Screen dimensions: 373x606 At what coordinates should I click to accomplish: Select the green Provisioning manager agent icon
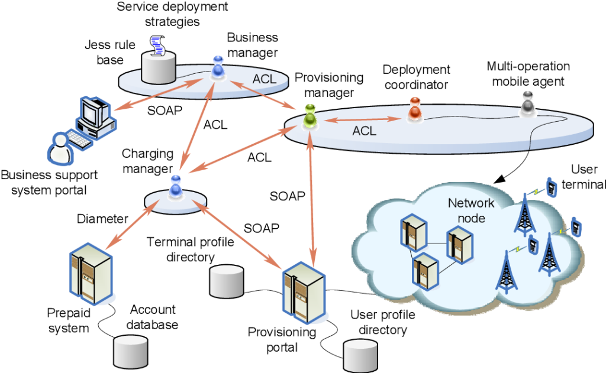pyautogui.click(x=310, y=115)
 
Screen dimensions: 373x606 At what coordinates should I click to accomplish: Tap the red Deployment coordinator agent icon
pyautogui.click(x=415, y=108)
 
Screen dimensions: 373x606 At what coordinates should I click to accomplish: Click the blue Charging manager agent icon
pyautogui.click(x=176, y=187)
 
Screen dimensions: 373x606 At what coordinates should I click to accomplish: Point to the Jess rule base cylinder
pyautogui.click(x=159, y=66)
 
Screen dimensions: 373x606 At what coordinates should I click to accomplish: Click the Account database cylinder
pyautogui.click(x=129, y=351)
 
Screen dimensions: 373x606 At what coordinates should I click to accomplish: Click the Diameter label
pyautogui.click(x=102, y=219)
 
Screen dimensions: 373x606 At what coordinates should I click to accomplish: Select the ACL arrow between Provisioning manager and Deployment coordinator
pyautogui.click(x=361, y=119)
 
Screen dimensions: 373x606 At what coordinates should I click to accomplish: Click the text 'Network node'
pyautogui.click(x=470, y=210)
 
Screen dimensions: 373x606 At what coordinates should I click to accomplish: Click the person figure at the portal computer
pyautogui.click(x=59, y=148)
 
